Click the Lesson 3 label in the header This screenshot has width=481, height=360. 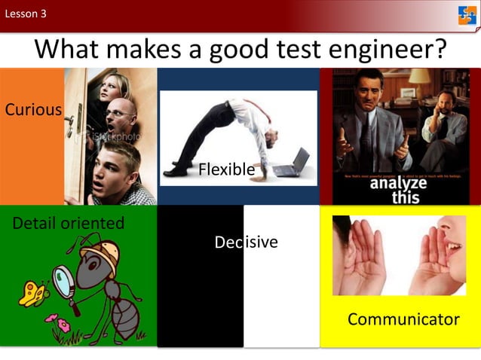tap(26, 13)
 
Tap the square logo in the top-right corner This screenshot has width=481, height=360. tap(467, 15)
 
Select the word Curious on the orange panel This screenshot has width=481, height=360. tap(33, 110)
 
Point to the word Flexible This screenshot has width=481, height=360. tap(226, 169)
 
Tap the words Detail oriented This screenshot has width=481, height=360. tap(68, 223)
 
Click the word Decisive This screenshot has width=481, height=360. tap(246, 242)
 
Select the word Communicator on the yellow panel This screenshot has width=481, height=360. tap(403, 319)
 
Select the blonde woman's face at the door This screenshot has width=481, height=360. tap(109, 90)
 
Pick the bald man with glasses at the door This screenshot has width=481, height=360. tap(121, 117)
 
